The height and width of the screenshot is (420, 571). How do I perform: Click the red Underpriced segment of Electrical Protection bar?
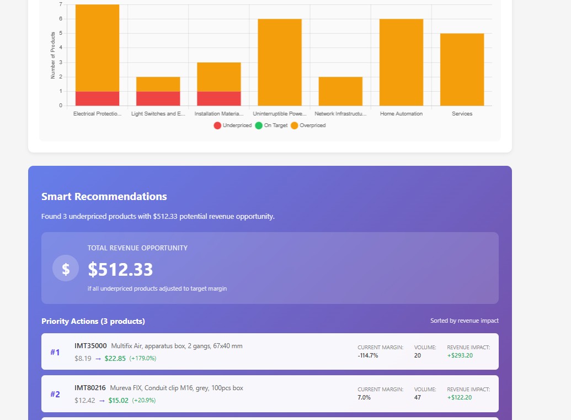pos(97,98)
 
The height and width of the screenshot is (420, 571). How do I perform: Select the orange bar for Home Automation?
pos(401,62)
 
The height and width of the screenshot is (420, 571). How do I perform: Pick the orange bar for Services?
pos(462,69)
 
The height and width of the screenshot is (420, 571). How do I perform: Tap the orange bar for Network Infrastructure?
pos(340,91)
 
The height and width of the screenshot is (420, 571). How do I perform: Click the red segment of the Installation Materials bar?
pos(218,98)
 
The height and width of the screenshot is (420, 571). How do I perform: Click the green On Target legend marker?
pos(259,125)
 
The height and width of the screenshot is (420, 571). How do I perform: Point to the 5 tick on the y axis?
pos(61,33)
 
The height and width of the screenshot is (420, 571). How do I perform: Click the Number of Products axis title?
pos(53,55)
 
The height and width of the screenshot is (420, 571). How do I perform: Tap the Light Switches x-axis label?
pos(158,114)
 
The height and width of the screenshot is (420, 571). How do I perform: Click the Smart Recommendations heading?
pos(104,197)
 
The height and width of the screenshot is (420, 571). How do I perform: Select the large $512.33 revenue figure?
pos(120,270)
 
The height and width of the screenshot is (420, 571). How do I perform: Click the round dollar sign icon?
pos(66,269)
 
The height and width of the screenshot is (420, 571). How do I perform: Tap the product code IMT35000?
pos(90,346)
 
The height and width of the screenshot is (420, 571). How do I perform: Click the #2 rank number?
pos(55,395)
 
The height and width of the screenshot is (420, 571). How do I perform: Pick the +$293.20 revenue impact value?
pos(460,355)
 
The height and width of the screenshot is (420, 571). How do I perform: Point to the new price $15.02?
pos(118,400)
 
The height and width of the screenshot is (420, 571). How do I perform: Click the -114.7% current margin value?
pos(368,355)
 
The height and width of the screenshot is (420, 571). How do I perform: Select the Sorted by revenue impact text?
pos(464,321)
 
